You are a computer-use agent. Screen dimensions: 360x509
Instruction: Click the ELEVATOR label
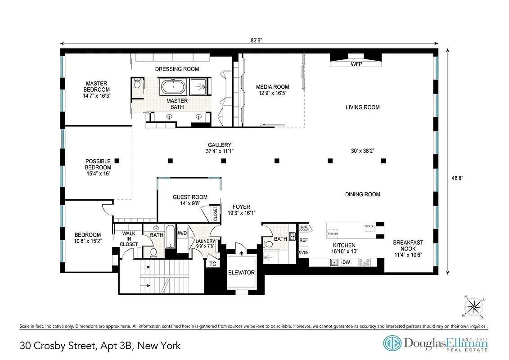coord(241,272)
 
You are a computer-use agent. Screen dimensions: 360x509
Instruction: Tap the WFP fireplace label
coord(356,64)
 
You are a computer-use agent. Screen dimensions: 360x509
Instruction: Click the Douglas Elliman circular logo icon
coord(392,343)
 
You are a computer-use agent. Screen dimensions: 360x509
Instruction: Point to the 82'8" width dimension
coord(256,40)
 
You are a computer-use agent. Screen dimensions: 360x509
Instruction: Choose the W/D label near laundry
coord(182,233)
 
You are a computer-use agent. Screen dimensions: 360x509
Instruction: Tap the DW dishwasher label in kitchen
coord(346,262)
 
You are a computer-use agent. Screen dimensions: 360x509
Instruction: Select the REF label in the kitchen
coord(303,240)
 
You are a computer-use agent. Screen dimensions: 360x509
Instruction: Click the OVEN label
coord(303,252)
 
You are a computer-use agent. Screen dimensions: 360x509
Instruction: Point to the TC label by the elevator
coord(213,264)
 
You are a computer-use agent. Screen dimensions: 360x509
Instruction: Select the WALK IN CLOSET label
coord(129,238)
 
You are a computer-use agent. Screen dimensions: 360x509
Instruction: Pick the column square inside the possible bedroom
coord(117,160)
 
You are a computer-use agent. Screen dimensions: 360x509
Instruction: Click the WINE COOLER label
coord(304,228)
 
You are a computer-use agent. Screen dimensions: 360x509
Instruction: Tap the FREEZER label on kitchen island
coord(333,234)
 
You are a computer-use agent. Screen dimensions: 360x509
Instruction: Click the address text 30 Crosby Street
coord(100,346)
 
